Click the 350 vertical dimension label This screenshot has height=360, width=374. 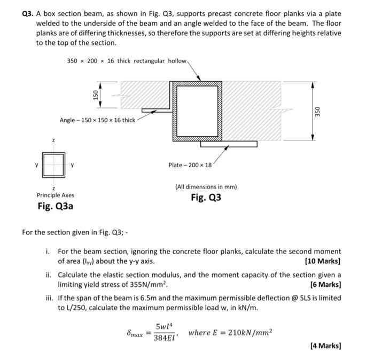pos(317,111)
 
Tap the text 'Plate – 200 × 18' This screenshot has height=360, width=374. pos(190,165)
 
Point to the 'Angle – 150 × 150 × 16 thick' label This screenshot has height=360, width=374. pos(97,120)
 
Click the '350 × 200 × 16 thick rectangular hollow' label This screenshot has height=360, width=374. pos(127,61)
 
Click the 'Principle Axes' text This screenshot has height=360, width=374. pos(56,195)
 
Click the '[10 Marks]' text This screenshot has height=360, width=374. pos(322,261)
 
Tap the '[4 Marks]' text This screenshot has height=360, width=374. pos(325,346)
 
